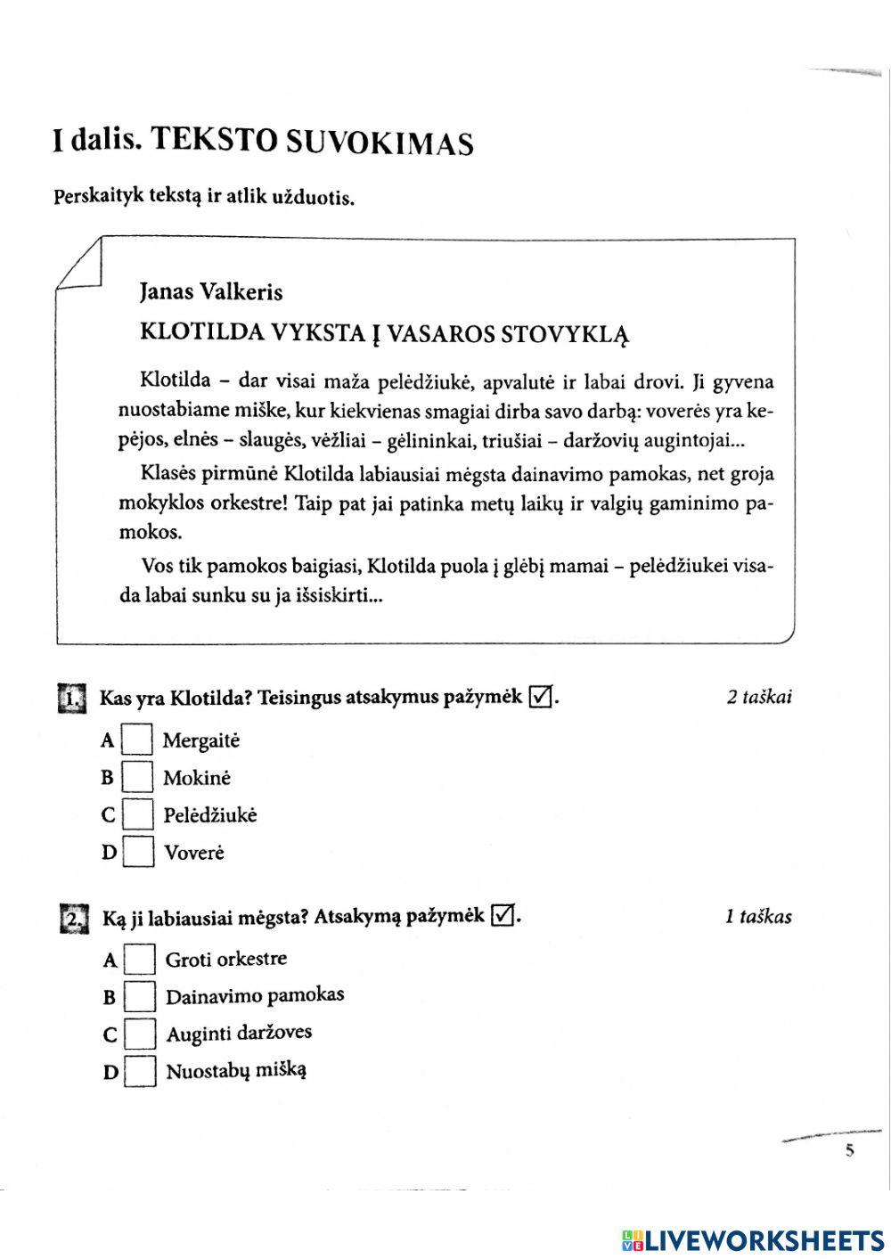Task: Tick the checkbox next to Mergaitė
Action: [x=136, y=740]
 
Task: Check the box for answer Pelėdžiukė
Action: [x=137, y=814]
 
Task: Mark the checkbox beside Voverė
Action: [x=137, y=852]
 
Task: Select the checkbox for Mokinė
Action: [x=137, y=777]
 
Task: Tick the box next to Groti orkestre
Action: [x=140, y=960]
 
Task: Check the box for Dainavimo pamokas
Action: [x=140, y=996]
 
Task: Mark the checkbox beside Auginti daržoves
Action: [x=140, y=1034]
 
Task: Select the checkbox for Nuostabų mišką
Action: [x=140, y=1071]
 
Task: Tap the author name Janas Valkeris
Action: [x=211, y=291]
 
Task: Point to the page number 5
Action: [x=849, y=1150]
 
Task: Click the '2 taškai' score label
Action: [x=759, y=697]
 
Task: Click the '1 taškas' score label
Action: [x=758, y=916]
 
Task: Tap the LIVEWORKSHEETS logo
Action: [x=753, y=1239]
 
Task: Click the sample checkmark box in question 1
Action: [x=540, y=696]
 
